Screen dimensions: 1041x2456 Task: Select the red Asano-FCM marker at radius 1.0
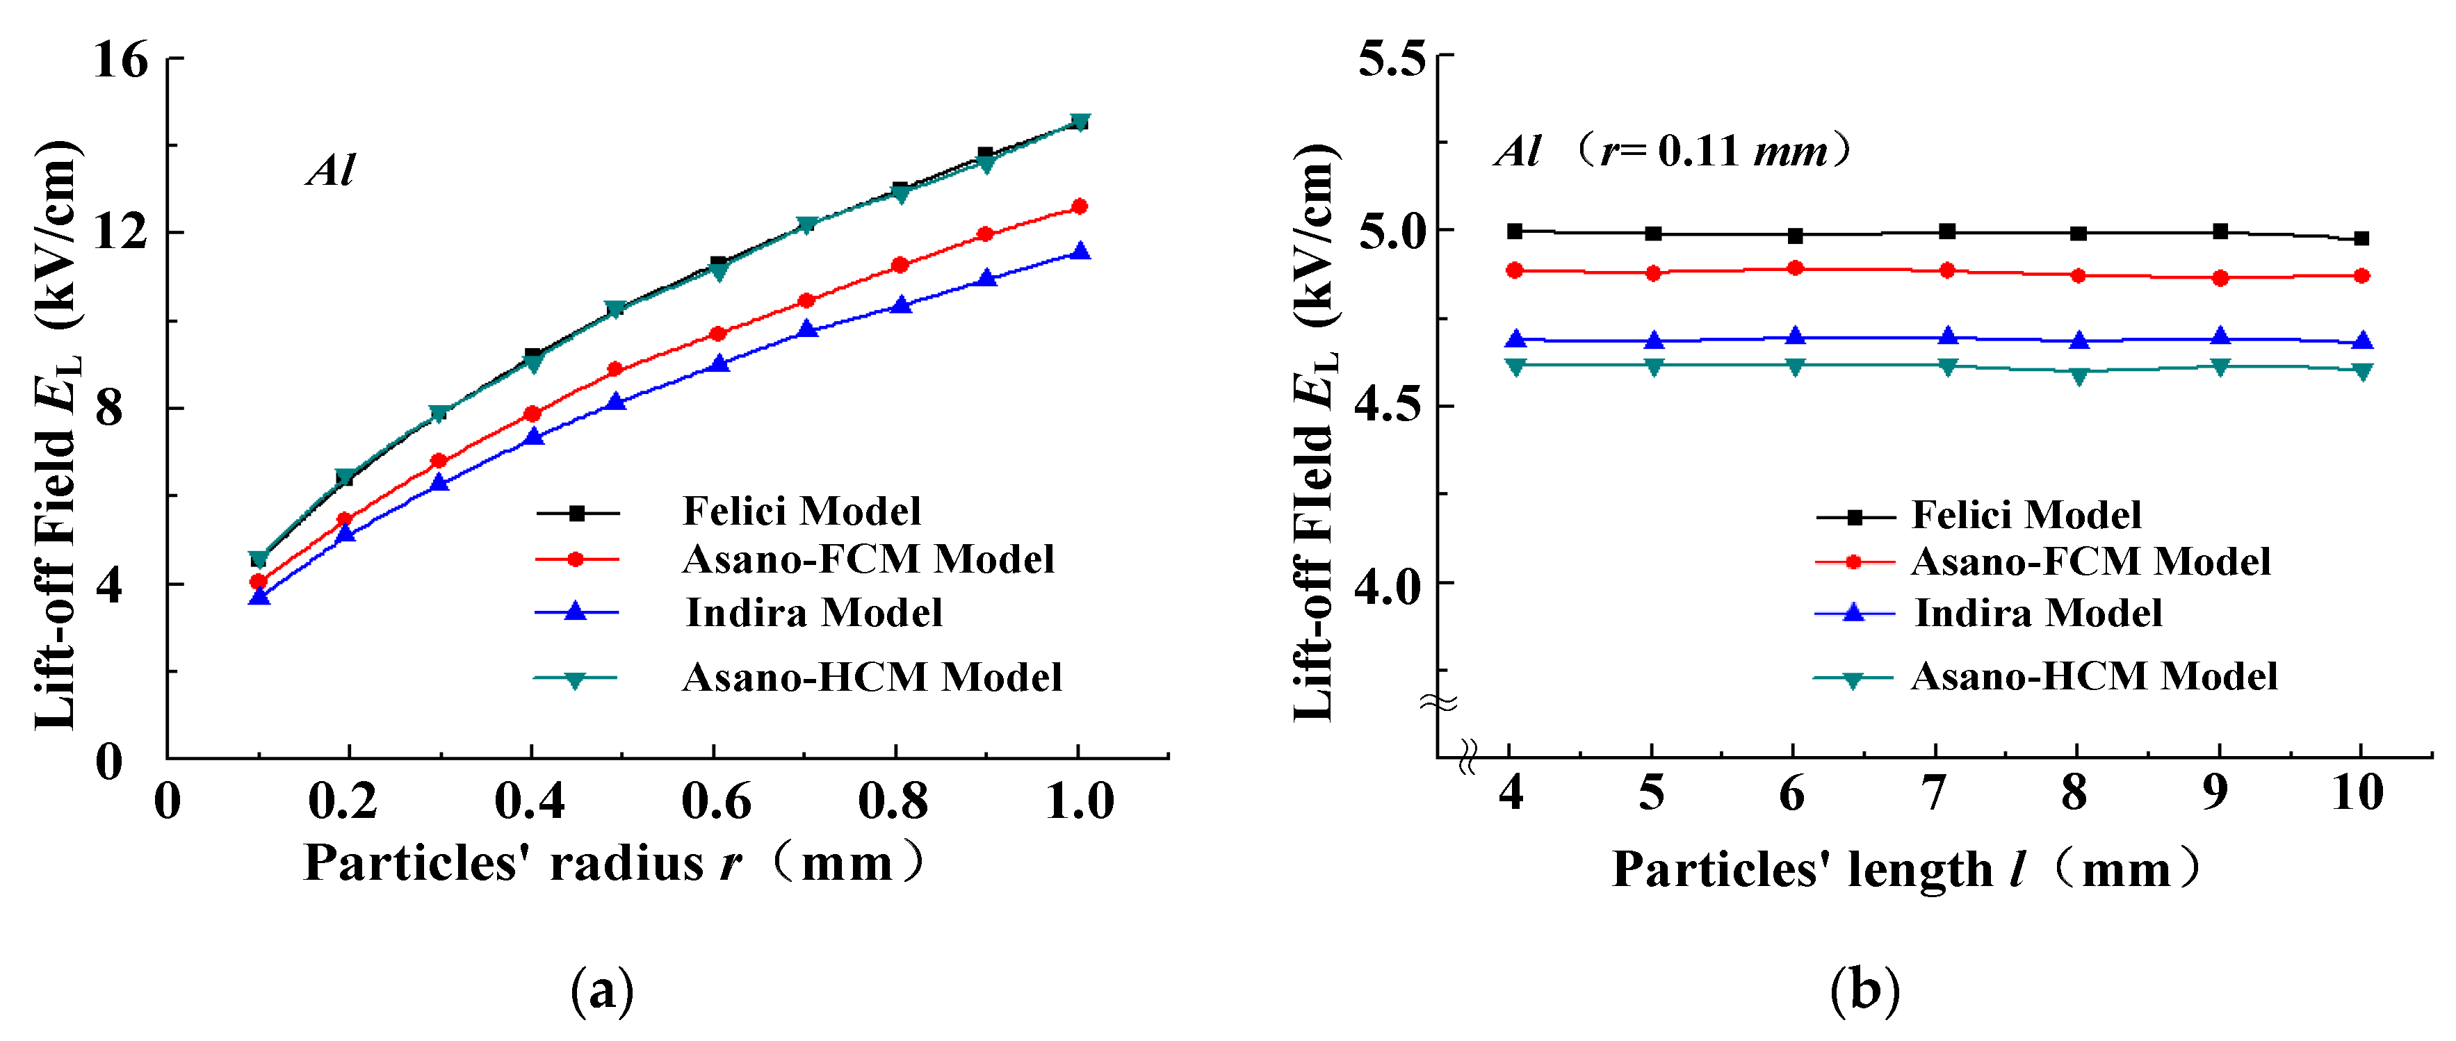pyautogui.click(x=1080, y=206)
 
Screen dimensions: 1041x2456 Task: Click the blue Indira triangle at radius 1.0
pyautogui.click(x=1080, y=252)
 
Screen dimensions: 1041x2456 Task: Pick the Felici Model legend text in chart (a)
pyautogui.click(x=801, y=512)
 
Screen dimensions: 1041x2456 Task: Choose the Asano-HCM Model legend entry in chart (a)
pyautogui.click(x=872, y=678)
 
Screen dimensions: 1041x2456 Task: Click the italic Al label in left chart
pyautogui.click(x=331, y=172)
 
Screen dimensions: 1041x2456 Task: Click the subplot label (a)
pyautogui.click(x=601, y=992)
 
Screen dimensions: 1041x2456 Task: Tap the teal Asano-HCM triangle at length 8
pyautogui.click(x=2079, y=375)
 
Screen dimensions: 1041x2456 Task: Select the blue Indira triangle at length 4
pyautogui.click(x=1515, y=339)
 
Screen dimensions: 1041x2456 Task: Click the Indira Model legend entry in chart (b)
pyautogui.click(x=2038, y=613)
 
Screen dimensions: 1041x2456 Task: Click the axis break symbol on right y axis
pyautogui.click(x=1438, y=703)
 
